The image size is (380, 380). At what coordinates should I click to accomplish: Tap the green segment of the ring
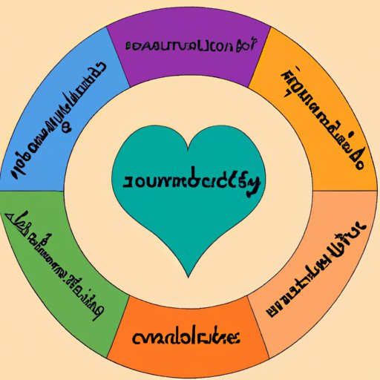(x=52, y=260)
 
